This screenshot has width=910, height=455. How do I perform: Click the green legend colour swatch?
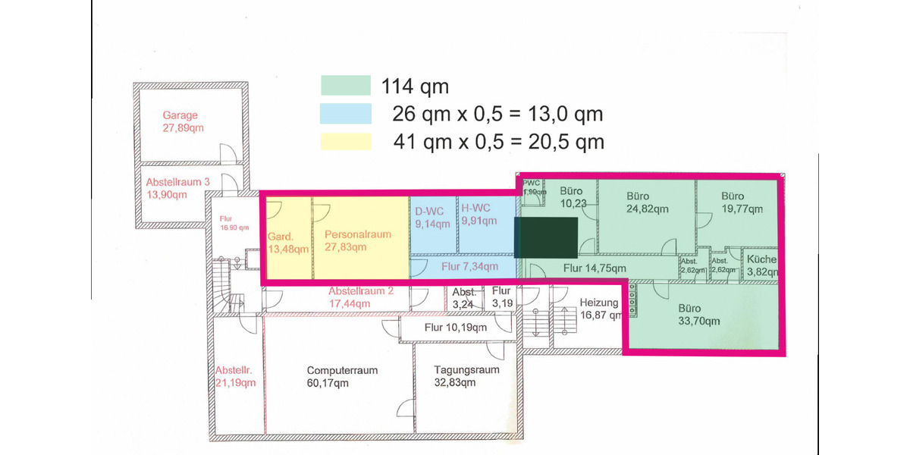tap(345, 85)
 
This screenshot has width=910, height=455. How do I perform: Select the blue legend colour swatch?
tap(345, 114)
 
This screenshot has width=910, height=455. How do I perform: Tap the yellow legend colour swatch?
tap(345, 141)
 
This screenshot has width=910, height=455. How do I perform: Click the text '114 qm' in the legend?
tap(416, 85)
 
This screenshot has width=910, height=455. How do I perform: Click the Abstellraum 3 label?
tap(178, 188)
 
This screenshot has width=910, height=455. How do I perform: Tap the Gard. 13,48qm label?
tap(287, 243)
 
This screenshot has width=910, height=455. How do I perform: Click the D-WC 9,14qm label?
tap(431, 217)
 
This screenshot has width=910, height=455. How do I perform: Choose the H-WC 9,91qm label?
tap(479, 215)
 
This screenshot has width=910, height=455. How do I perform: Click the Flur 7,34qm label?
tap(469, 266)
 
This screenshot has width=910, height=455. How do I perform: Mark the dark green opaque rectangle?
tap(546, 237)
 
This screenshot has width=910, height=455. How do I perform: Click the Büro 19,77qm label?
tap(741, 202)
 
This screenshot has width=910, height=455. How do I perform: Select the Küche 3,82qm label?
tap(761, 265)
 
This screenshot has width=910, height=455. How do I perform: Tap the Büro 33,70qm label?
tap(699, 315)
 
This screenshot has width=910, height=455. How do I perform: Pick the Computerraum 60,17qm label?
tap(342, 376)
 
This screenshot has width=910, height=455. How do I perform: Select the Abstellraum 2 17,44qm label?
tap(360, 297)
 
